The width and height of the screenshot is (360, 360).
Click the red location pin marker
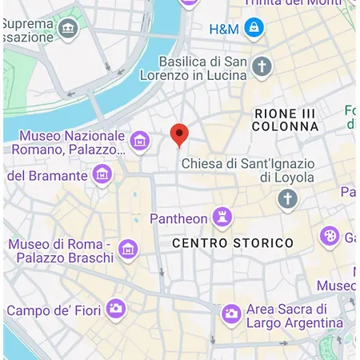180,134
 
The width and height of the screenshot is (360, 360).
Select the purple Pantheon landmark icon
222,217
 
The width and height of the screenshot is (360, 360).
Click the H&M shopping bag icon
254,29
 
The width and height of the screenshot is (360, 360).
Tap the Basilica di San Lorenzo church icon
262,66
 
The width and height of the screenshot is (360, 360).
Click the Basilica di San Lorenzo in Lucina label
202,69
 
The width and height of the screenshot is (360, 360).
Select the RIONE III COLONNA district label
285,120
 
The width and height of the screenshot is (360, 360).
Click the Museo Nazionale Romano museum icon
140,142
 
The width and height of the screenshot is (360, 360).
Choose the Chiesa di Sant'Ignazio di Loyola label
248,170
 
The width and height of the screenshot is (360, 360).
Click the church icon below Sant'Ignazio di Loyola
287,198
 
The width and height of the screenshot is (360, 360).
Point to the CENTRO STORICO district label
233,242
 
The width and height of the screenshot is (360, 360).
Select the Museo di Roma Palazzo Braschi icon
128,250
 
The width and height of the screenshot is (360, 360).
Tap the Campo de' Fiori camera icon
116,308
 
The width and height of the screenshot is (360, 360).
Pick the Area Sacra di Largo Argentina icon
231,314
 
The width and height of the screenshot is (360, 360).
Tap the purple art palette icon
329,236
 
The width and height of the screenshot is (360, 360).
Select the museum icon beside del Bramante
102,174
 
